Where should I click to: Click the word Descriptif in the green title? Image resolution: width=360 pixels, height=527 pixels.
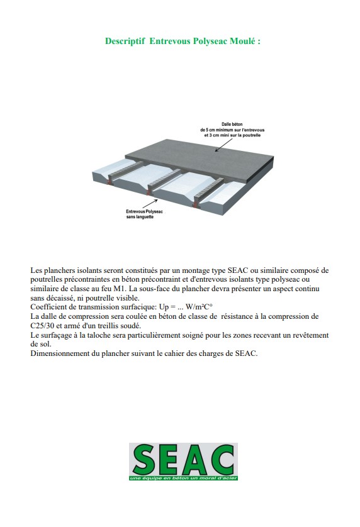[x=125, y=42]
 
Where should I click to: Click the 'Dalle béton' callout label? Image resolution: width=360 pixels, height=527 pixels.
[x=232, y=130]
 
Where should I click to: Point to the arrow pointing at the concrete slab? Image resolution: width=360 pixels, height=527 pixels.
[x=223, y=145]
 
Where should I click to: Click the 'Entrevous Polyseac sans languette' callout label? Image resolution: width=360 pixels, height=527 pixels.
[x=144, y=214]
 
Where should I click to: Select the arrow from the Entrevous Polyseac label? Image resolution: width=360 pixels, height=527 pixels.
[x=150, y=203]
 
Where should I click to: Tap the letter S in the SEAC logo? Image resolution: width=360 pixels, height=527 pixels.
[x=145, y=460]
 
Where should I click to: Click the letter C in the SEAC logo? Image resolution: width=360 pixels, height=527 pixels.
[x=220, y=460]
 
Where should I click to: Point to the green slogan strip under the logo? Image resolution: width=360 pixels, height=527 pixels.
[x=183, y=478]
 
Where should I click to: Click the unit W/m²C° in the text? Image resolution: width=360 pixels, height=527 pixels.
[x=199, y=307]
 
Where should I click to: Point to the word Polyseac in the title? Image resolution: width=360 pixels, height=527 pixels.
[x=210, y=42]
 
